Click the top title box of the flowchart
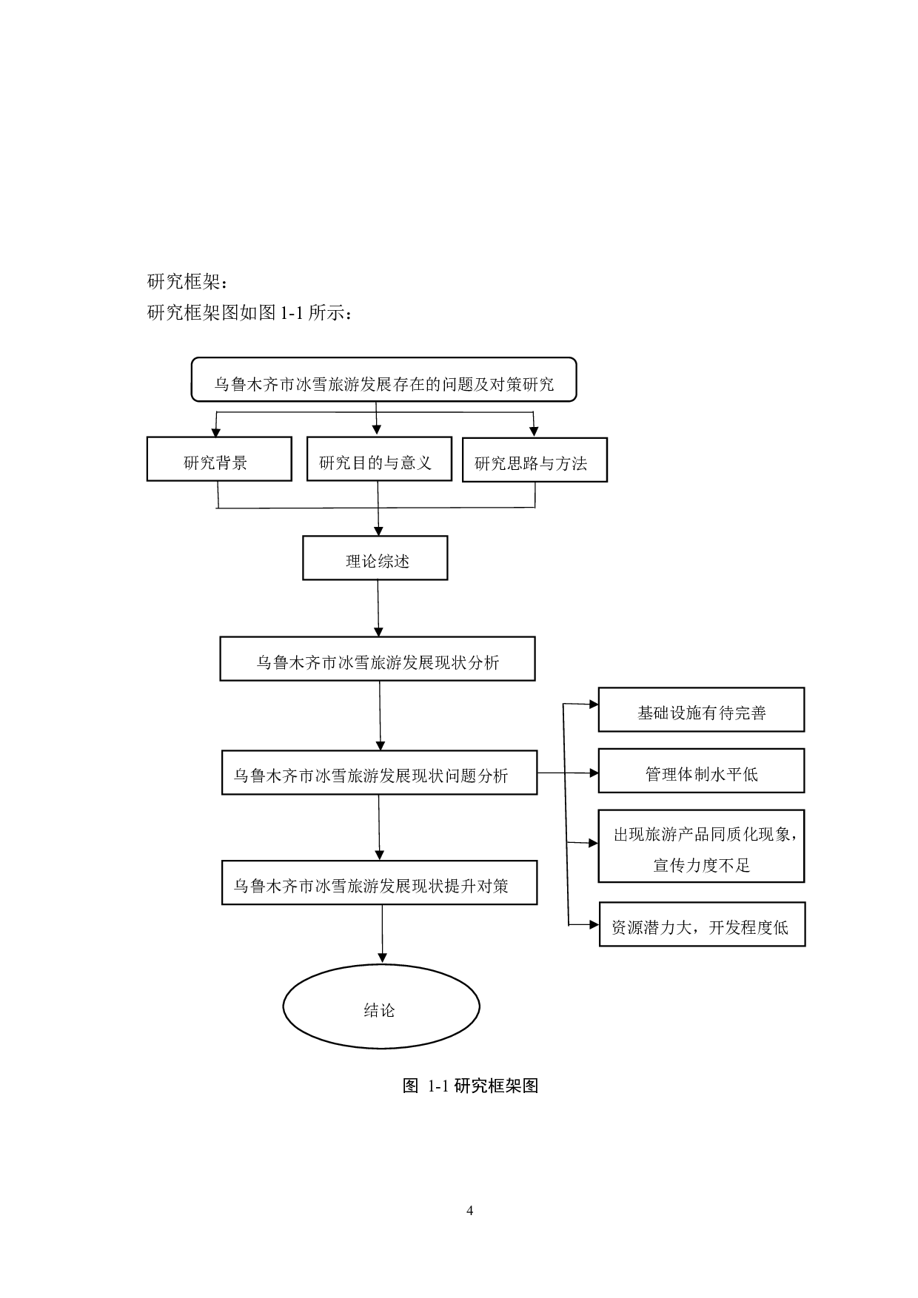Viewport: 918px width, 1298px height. pyautogui.click(x=383, y=380)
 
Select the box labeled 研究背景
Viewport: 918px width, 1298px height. pyautogui.click(x=219, y=460)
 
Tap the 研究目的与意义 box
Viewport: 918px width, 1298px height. pyautogui.click(x=379, y=459)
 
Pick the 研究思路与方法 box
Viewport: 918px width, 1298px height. pyautogui.click(x=535, y=460)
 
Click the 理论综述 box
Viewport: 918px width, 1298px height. pyautogui.click(x=375, y=558)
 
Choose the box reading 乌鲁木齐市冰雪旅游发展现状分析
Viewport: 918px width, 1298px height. pyautogui.click(x=378, y=659)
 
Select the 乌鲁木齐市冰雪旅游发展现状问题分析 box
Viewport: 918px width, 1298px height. pyautogui.click(x=379, y=773)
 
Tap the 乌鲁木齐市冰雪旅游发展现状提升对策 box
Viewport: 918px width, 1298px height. pyautogui.click(x=379, y=882)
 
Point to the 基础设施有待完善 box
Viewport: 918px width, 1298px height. pyautogui.click(x=701, y=710)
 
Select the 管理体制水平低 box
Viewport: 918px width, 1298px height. pyautogui.click(x=701, y=771)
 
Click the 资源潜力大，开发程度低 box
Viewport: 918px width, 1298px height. pyautogui.click(x=702, y=924)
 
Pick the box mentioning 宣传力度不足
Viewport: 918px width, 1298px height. pyautogui.click(x=701, y=847)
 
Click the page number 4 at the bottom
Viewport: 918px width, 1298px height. pyautogui.click(x=469, y=1211)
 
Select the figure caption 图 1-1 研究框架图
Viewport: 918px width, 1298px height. pyautogui.click(x=470, y=1086)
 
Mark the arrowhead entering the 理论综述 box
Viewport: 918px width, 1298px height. pyautogui.click(x=378, y=531)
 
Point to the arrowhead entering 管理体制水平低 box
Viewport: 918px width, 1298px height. pyautogui.click(x=593, y=773)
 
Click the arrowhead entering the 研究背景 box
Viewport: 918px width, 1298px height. pyautogui.click(x=215, y=433)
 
